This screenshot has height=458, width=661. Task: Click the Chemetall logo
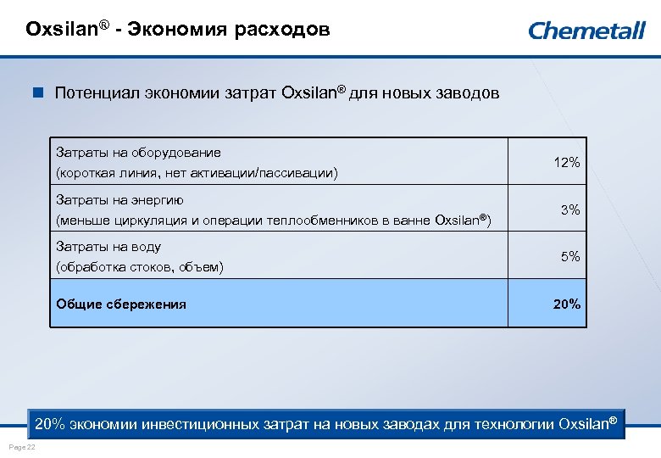(x=586, y=31)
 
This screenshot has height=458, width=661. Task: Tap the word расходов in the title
(x=286, y=31)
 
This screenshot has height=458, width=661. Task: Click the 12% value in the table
(x=567, y=162)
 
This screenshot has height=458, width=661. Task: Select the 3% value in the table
(x=570, y=209)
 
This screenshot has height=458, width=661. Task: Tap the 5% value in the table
(x=570, y=256)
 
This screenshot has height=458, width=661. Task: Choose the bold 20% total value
(x=567, y=304)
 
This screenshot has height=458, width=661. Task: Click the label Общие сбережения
(x=121, y=304)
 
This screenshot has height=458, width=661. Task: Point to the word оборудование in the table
(x=178, y=153)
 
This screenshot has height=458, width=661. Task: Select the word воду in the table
(x=146, y=247)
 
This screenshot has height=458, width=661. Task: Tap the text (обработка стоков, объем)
(x=140, y=267)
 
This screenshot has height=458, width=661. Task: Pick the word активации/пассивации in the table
(x=267, y=173)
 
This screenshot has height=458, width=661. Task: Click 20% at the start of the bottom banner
(x=50, y=423)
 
